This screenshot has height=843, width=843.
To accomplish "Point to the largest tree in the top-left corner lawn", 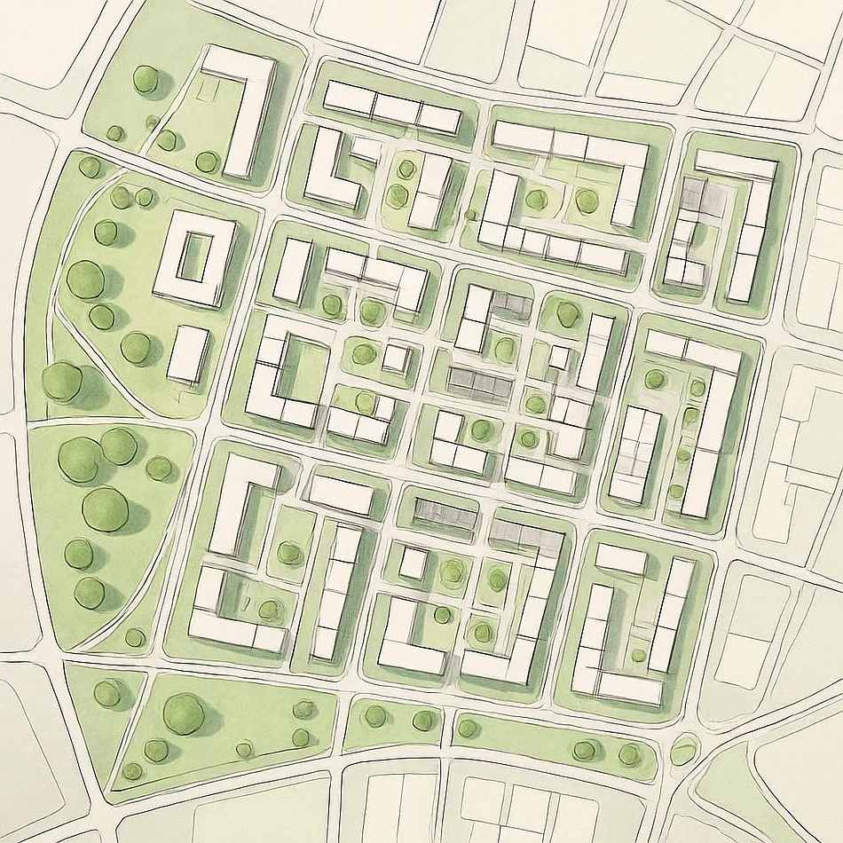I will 146,79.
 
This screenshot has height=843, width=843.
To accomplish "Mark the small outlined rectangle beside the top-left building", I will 210,89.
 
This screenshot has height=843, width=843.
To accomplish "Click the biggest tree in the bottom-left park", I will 184,713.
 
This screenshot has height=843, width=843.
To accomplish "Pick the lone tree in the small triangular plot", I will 107,693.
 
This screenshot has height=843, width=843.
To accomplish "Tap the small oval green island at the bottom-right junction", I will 684,751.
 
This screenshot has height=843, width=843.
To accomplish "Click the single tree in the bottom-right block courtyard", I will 639,655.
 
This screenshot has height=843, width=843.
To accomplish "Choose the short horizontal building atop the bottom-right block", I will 621,559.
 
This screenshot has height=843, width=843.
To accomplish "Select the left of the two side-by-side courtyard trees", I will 535,199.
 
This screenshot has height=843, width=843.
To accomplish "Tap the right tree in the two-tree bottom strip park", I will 423,721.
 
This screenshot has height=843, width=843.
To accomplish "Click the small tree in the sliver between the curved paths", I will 135,637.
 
